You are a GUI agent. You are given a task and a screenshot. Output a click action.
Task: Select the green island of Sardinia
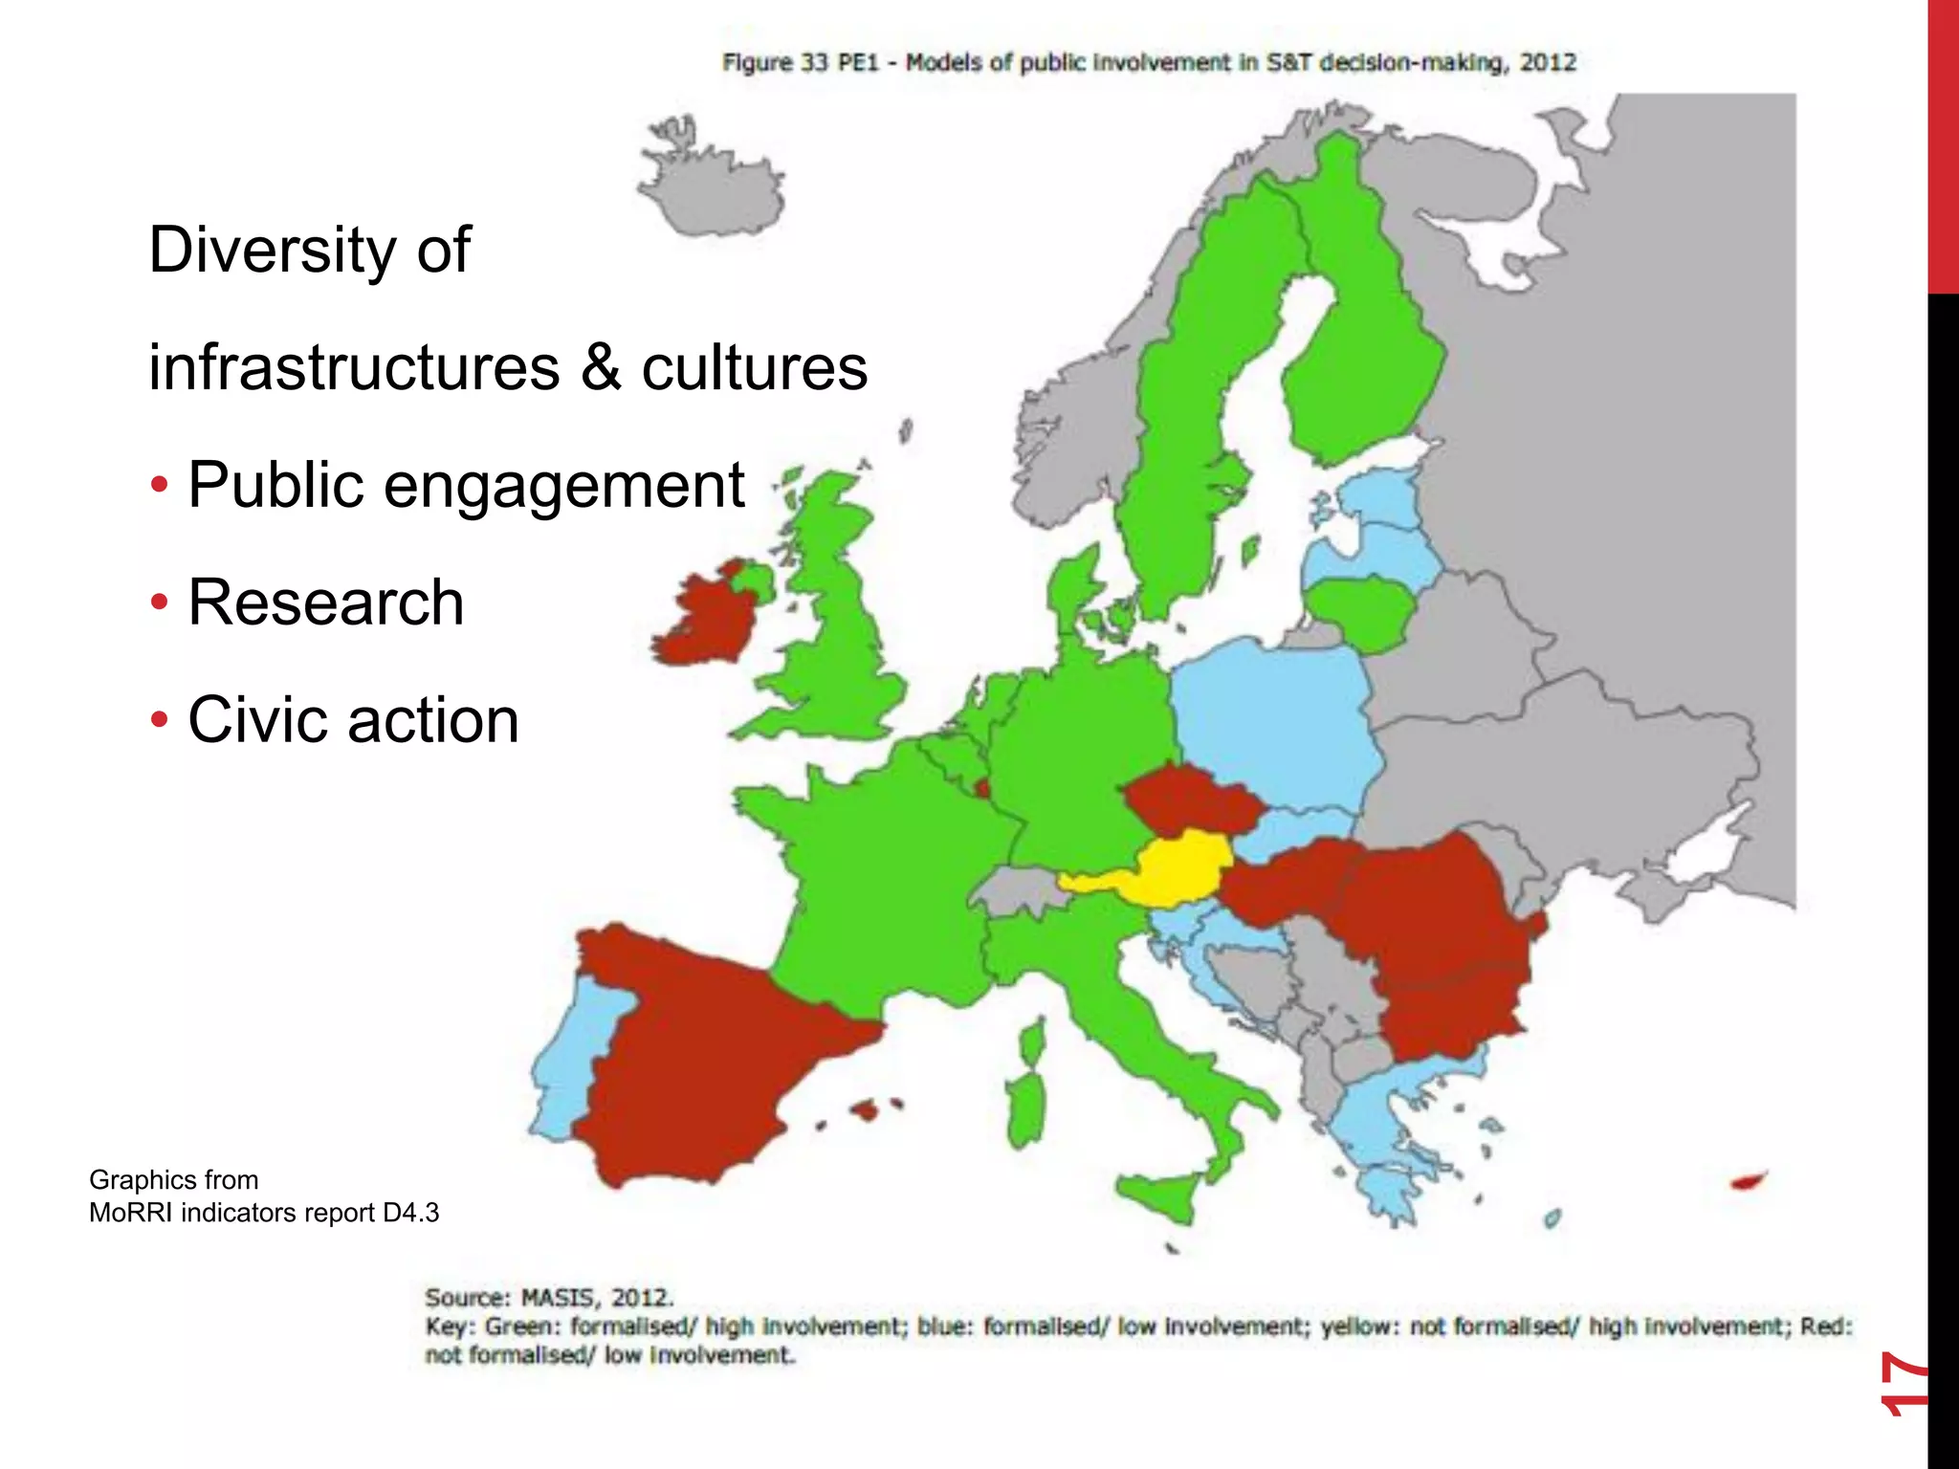pos(1025,1109)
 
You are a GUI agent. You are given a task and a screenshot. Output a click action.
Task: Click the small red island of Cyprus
pos(1749,1182)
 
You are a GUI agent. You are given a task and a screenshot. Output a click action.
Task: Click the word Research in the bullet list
pos(325,603)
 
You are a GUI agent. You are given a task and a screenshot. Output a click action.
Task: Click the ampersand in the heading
pos(601,367)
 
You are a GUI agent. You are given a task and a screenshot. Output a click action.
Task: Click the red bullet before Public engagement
pos(160,486)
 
